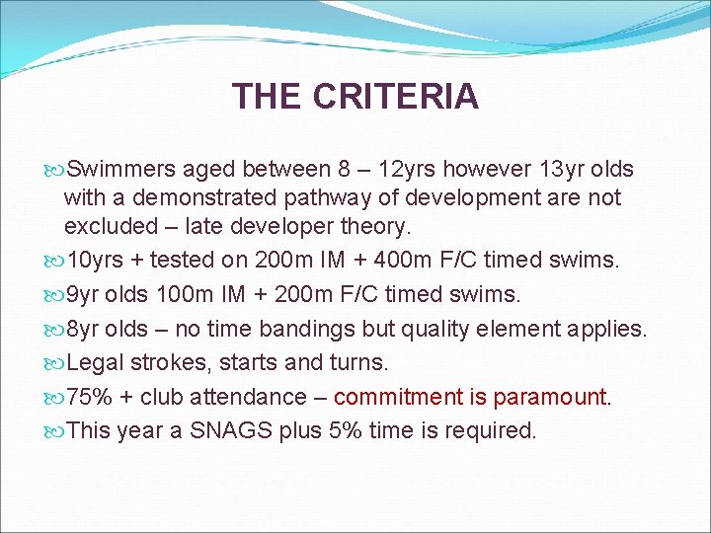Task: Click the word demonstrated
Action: [197, 197]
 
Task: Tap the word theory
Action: [373, 226]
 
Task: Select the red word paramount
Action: [550, 397]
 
